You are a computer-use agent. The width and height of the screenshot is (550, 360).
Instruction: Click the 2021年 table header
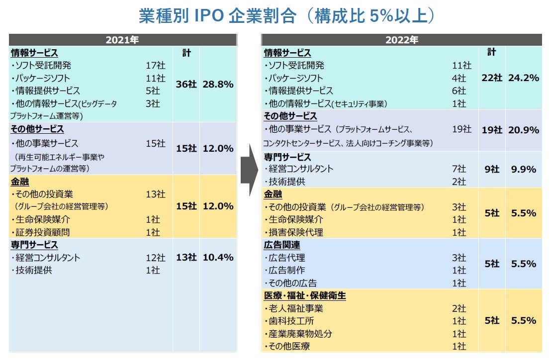click(x=122, y=40)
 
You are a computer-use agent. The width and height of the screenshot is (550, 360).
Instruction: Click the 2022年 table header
click(x=402, y=40)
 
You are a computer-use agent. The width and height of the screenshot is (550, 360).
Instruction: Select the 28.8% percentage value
click(x=218, y=85)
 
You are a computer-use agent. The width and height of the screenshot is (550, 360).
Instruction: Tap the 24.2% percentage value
click(x=523, y=78)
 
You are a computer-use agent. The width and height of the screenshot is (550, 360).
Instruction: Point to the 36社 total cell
click(x=186, y=85)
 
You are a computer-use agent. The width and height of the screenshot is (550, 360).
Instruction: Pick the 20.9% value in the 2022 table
click(x=523, y=130)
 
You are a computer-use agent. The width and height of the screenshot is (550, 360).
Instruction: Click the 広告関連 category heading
click(x=282, y=245)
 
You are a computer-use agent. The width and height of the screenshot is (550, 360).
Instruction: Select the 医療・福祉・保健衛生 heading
click(x=304, y=296)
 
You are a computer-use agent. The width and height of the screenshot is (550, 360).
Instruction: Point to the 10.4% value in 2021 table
click(x=218, y=258)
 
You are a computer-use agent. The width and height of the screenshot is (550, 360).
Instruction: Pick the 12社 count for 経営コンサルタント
click(x=156, y=258)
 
